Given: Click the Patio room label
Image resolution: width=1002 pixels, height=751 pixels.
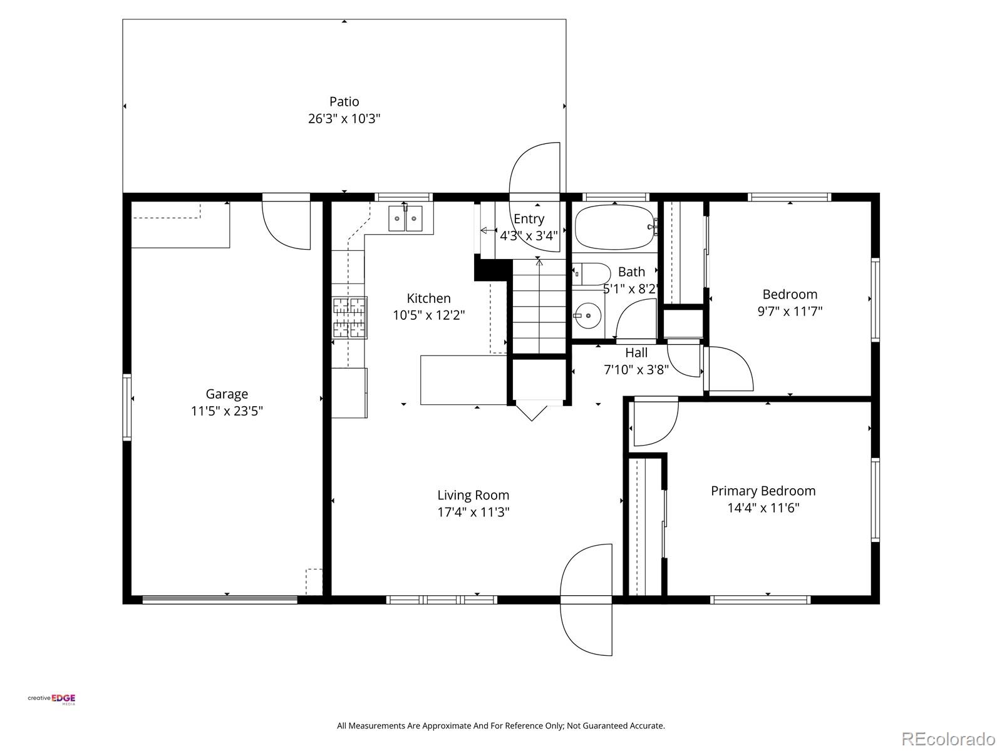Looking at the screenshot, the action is [x=344, y=101].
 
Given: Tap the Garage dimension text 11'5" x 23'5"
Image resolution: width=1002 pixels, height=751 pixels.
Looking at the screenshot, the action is [x=227, y=411].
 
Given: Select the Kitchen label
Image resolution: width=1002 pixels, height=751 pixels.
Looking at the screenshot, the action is [x=428, y=299].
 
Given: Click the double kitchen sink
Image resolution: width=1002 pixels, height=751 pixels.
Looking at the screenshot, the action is [x=405, y=218].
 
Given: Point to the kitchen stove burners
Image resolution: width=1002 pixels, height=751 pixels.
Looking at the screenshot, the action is [x=349, y=318].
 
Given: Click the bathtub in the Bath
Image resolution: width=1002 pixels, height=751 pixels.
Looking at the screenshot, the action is [x=615, y=227].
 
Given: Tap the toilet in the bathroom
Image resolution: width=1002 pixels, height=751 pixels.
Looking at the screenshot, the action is [x=591, y=274].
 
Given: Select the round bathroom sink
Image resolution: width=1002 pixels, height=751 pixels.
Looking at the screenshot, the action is [x=588, y=315].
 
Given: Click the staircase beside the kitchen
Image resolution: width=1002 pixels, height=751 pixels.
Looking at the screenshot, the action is [x=539, y=305].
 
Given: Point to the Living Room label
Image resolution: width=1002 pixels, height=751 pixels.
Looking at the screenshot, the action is [x=473, y=495].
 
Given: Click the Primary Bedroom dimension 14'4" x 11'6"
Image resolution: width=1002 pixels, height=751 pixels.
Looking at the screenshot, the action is [x=763, y=508].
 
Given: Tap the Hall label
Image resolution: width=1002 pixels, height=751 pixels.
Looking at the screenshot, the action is [x=636, y=352].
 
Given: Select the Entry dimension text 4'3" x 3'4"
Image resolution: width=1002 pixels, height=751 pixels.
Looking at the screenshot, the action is [x=529, y=236].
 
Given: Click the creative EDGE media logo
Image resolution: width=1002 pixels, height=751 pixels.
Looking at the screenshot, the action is [x=51, y=699].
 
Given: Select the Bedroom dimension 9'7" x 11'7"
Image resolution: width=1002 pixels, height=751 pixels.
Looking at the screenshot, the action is [x=790, y=311].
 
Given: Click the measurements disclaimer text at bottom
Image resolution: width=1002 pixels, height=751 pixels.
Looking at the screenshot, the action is [x=501, y=725].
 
